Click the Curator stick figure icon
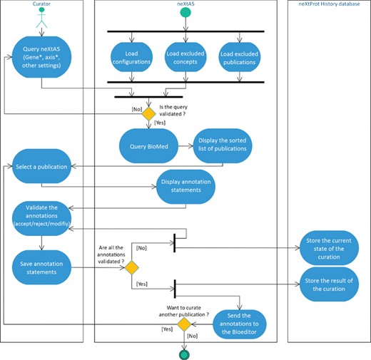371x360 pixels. pos(41,23)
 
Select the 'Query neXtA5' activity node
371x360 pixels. pos(41,56)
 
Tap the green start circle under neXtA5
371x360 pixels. pos(185,14)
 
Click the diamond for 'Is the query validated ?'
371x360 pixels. pos(148,113)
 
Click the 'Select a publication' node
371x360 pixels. pos(41,166)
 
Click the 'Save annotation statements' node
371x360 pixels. pos(41,265)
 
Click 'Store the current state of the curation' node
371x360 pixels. pos(328,247)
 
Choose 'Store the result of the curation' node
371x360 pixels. pos(328,282)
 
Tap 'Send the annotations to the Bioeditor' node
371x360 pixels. pos(238,324)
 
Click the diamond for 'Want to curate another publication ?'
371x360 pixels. pos(185,324)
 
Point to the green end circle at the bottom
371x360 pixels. pos(185,353)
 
